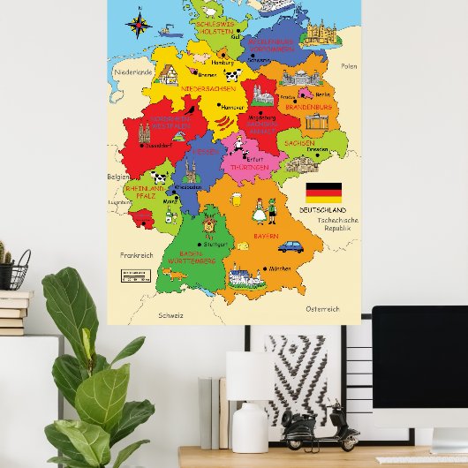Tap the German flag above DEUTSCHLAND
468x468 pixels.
[323, 190]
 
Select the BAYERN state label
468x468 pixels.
[266, 237]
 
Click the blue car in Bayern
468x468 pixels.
[290, 246]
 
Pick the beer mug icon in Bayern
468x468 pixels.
[236, 200]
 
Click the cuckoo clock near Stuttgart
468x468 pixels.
[209, 227]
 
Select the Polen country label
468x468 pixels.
[350, 66]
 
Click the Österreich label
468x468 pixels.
[321, 309]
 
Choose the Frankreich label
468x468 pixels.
[137, 255]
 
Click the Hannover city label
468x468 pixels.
[231, 107]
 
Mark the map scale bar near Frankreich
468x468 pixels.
[136, 276]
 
